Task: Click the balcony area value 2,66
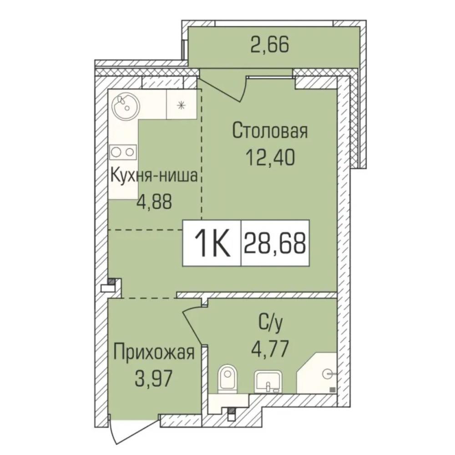(x=269, y=45)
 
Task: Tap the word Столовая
(x=269, y=131)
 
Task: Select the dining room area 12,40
(x=270, y=157)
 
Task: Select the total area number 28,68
(x=275, y=243)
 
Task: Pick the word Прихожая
(x=154, y=353)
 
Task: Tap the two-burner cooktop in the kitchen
(x=123, y=152)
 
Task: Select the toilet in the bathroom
(x=227, y=379)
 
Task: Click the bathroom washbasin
(x=268, y=382)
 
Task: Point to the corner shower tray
(x=317, y=373)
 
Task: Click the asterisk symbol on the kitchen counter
(x=182, y=105)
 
